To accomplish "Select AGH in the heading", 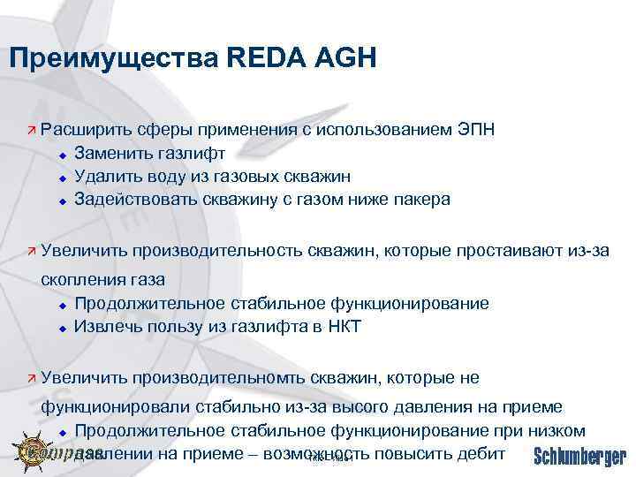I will (x=347, y=58).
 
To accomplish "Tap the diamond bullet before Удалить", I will (x=62, y=177).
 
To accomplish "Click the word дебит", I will (x=481, y=453).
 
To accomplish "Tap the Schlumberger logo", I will (x=579, y=456).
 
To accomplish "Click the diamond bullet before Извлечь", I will (x=62, y=327).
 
